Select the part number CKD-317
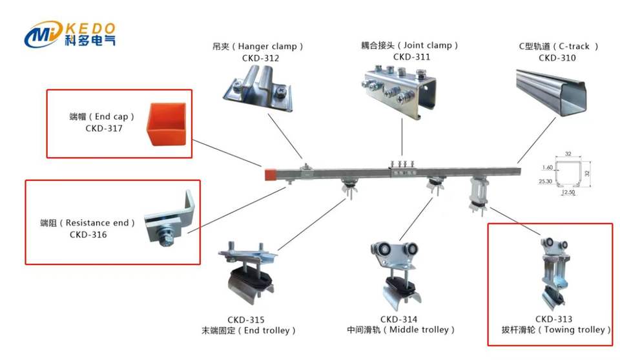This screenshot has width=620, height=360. click(x=104, y=128)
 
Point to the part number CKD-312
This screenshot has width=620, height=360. click(x=261, y=58)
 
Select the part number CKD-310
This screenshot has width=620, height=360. click(x=557, y=58)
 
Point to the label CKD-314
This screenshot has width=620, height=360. click(x=398, y=319)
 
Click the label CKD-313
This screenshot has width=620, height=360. click(x=553, y=319)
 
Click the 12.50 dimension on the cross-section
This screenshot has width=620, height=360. click(x=569, y=193)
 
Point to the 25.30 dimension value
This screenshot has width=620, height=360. click(x=546, y=182)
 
